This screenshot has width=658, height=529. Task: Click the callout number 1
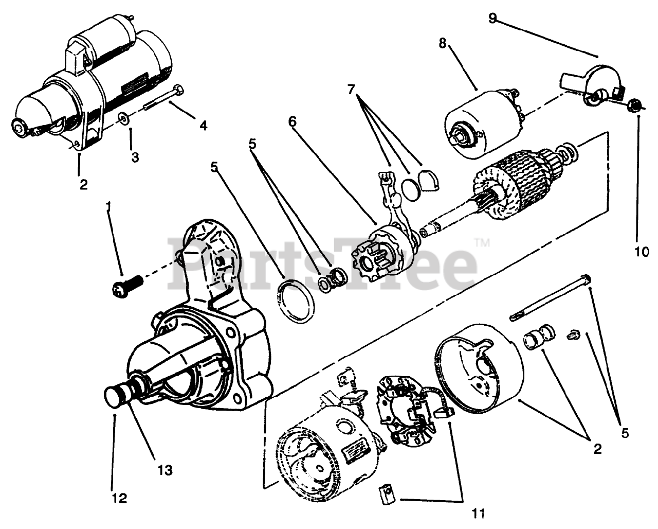(108, 207)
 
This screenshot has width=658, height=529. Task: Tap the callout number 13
(166, 470)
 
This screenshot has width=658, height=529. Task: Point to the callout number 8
(442, 43)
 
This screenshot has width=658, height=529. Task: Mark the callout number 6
(292, 122)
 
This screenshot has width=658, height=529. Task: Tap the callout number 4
(204, 125)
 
